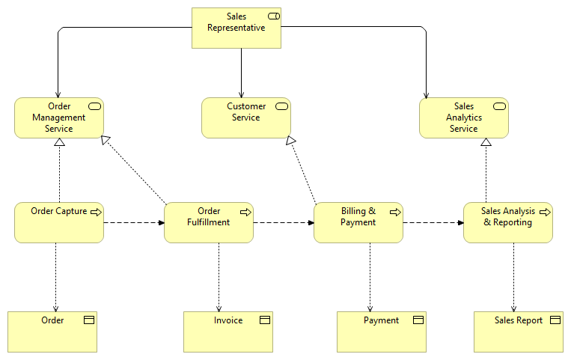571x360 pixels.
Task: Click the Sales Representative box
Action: (x=236, y=28)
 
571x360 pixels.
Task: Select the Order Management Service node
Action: (x=59, y=118)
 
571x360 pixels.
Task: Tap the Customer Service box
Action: (x=245, y=118)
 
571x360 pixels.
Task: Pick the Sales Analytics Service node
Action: (x=463, y=118)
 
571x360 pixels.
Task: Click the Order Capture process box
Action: (x=59, y=222)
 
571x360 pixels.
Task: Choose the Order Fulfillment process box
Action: (x=208, y=222)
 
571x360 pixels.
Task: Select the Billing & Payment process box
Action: (x=358, y=222)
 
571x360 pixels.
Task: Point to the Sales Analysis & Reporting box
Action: (x=507, y=222)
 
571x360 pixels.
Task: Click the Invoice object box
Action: (x=228, y=332)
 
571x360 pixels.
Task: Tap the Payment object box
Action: (x=381, y=332)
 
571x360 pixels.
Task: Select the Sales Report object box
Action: (x=518, y=332)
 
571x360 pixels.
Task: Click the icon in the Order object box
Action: (x=88, y=320)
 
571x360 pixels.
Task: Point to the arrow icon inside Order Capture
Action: (x=96, y=212)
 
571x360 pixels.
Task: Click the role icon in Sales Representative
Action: (x=273, y=16)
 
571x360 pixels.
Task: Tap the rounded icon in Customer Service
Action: (x=282, y=106)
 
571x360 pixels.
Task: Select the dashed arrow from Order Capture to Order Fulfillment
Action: (x=133, y=222)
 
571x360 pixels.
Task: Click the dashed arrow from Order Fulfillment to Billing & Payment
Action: (x=283, y=222)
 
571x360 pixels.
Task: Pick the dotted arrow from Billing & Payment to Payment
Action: (x=370, y=277)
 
